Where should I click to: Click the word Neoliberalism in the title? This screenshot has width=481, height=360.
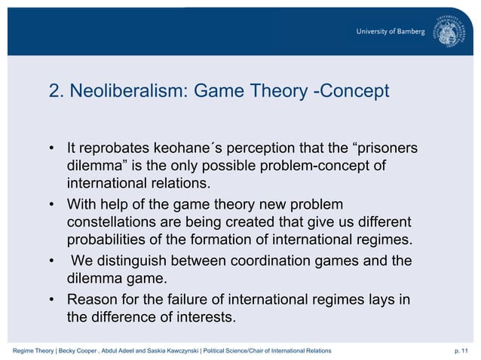click(x=127, y=92)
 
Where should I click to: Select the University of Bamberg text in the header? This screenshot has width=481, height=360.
click(x=391, y=31)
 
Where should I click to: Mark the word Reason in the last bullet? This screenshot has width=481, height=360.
click(x=92, y=300)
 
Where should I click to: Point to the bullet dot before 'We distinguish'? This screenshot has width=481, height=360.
click(x=52, y=262)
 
